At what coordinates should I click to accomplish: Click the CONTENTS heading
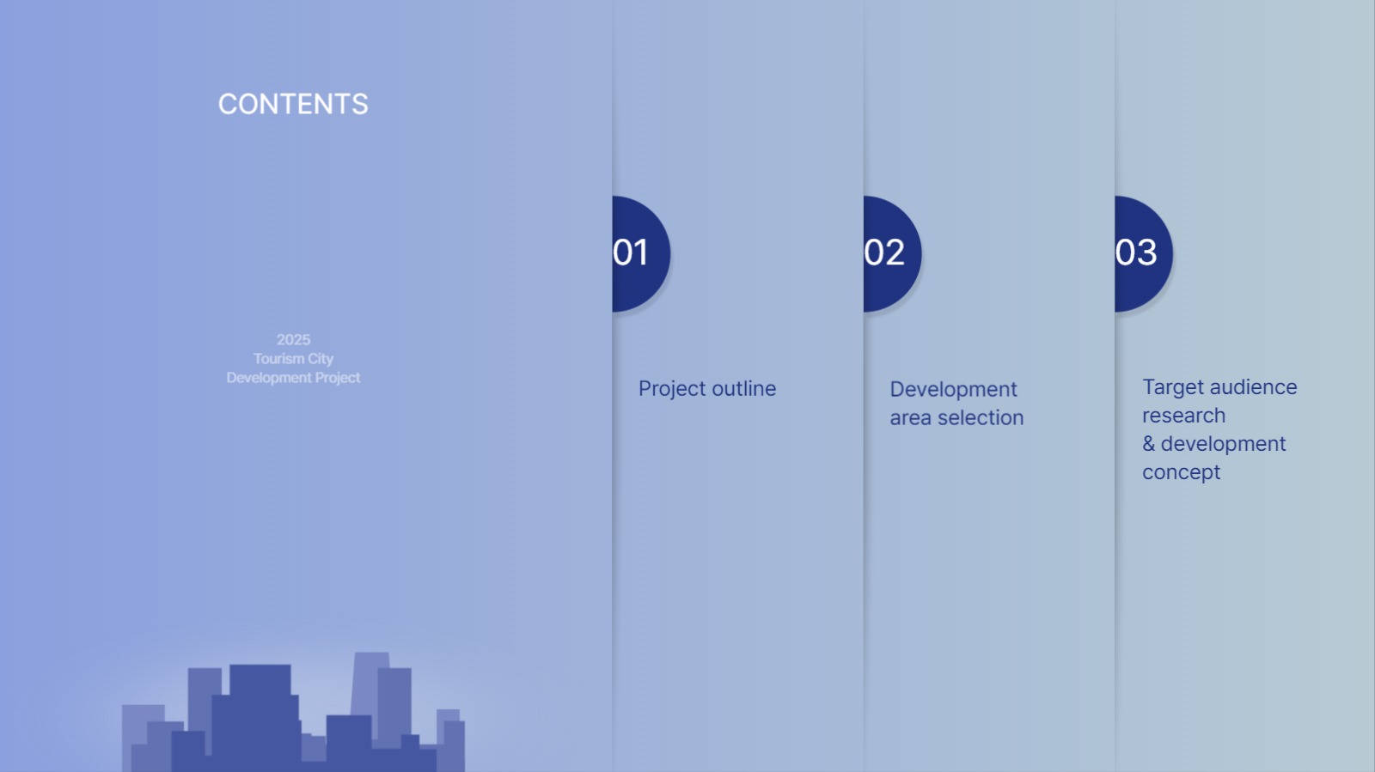(x=293, y=104)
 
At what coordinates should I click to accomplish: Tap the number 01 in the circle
(x=631, y=252)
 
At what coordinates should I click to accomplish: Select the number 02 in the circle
(x=884, y=252)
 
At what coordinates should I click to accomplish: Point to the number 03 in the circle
(x=1136, y=252)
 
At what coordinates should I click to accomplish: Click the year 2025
(x=293, y=340)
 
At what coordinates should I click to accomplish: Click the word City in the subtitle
(x=320, y=359)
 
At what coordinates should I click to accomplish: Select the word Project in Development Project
(x=337, y=378)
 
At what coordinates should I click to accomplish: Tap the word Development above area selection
(x=953, y=389)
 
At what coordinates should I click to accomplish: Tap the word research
(x=1184, y=416)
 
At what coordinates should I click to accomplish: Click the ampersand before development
(x=1148, y=444)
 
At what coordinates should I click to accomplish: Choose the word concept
(x=1182, y=473)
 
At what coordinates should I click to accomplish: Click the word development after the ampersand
(x=1224, y=444)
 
